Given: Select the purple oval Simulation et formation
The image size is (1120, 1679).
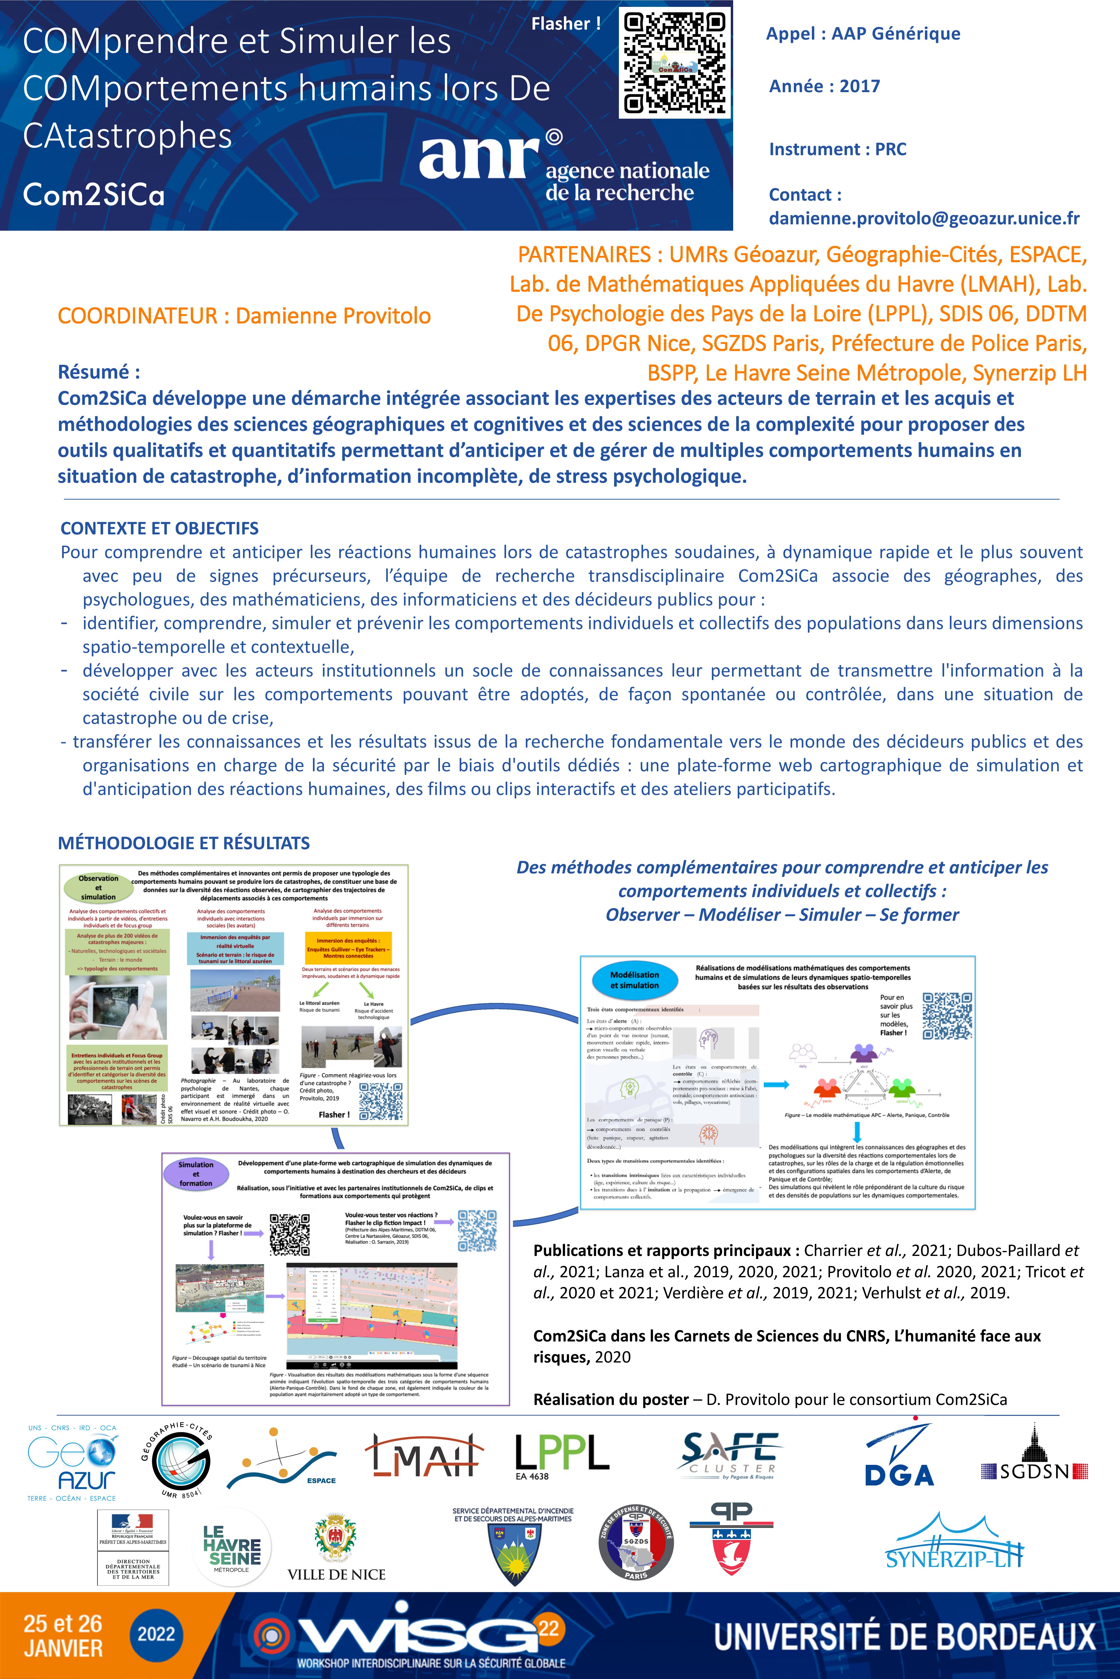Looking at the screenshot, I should [196, 1173].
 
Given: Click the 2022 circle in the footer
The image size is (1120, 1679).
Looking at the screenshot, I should [156, 1635].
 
